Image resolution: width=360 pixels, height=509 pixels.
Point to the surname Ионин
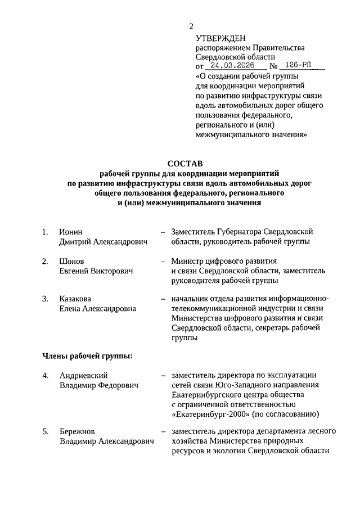(x=71, y=232)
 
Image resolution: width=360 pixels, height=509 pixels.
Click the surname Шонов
(x=71, y=262)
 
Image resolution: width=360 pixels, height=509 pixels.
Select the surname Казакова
(x=75, y=299)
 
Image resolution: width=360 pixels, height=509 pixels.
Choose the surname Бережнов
(x=77, y=431)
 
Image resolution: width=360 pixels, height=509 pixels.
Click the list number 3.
(x=45, y=299)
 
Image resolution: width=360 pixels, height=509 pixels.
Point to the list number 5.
(x=45, y=431)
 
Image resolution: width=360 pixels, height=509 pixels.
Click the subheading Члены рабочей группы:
(x=87, y=356)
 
